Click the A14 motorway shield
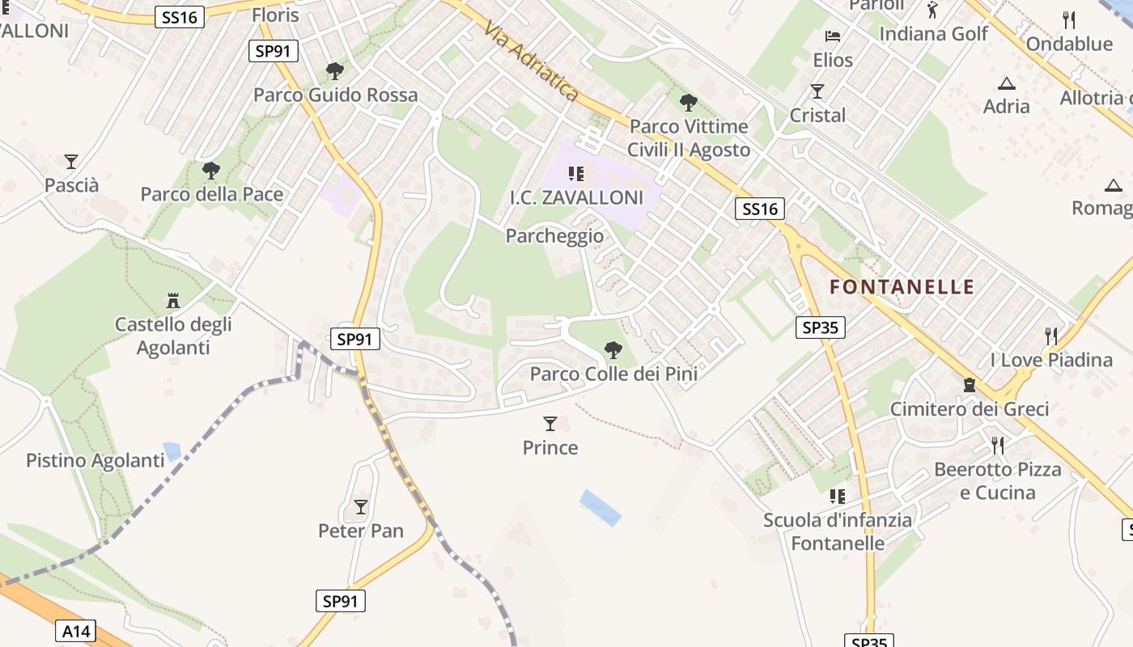[77, 631]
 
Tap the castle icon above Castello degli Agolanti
[172, 301]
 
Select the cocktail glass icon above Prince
[550, 424]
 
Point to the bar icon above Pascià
[71, 162]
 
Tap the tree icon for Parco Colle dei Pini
[613, 350]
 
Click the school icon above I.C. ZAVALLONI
[576, 173]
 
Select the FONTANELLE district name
[902, 287]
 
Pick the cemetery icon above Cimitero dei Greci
[970, 385]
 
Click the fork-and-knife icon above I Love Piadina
[1051, 336]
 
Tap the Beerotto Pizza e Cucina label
[997, 481]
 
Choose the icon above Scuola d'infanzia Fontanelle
[838, 496]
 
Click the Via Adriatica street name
[531, 61]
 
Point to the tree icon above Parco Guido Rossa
[335, 71]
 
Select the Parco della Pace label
[212, 194]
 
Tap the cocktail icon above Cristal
[817, 91]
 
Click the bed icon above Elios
[833, 36]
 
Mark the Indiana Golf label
[934, 34]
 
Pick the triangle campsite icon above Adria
[1007, 83]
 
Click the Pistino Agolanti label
[95, 461]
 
